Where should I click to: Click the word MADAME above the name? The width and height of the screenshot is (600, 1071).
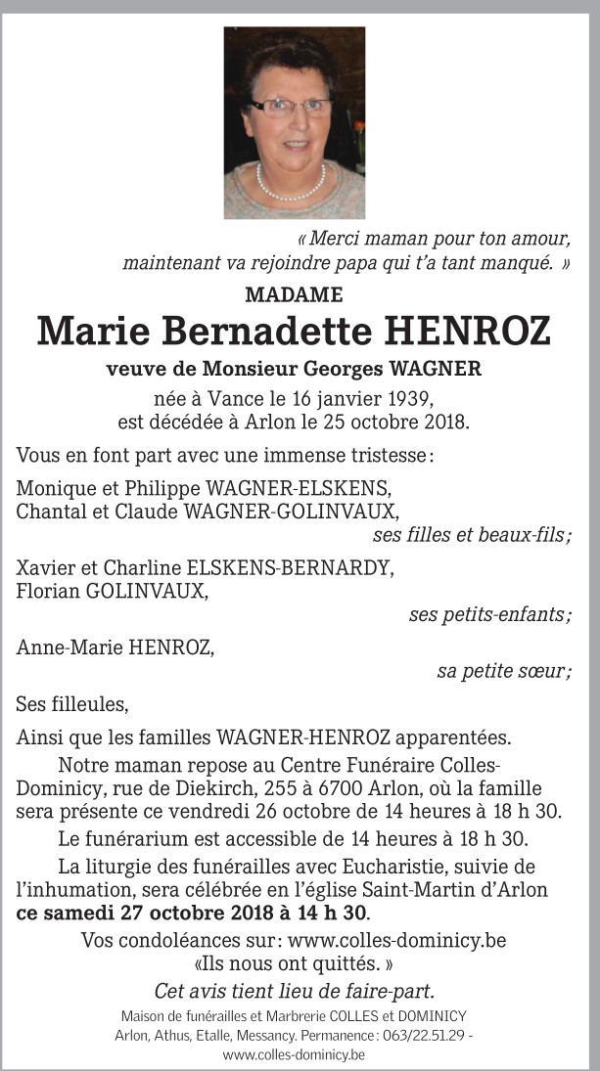pyautogui.click(x=294, y=293)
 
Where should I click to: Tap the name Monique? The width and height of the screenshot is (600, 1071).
pyautogui.click(x=51, y=489)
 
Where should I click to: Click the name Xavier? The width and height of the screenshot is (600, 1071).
pyautogui.click(x=45, y=568)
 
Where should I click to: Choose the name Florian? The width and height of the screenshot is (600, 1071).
pyautogui.click(x=48, y=591)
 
